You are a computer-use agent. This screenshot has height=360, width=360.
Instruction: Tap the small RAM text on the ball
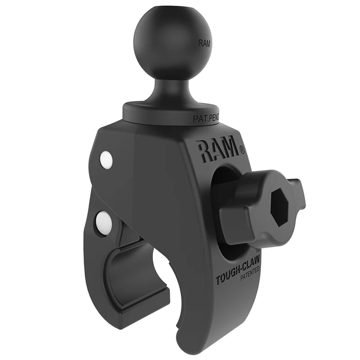204,44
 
